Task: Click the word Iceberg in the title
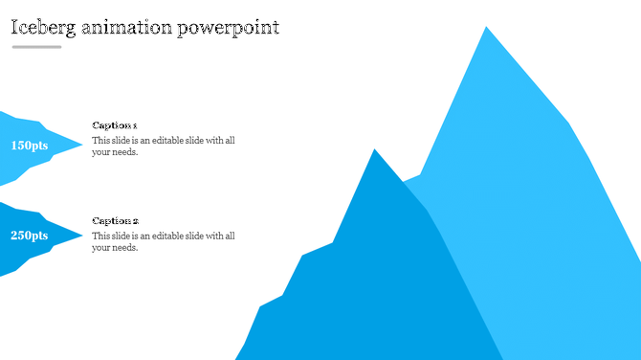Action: click(x=43, y=27)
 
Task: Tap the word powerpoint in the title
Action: click(x=228, y=28)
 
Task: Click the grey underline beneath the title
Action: click(x=36, y=47)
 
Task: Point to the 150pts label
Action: click(x=30, y=146)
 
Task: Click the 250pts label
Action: click(x=30, y=236)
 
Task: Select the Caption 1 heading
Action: click(x=115, y=125)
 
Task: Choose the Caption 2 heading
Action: click(x=115, y=221)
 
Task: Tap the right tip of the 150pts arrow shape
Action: click(x=82, y=146)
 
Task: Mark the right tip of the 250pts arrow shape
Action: click(x=82, y=236)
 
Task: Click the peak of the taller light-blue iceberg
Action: click(x=486, y=28)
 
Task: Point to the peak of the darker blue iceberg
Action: click(x=375, y=150)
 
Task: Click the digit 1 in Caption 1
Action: click(x=135, y=125)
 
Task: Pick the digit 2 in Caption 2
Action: click(x=135, y=221)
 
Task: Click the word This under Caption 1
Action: click(x=100, y=141)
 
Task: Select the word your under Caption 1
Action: click(x=101, y=152)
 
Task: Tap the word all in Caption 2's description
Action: click(x=230, y=236)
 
